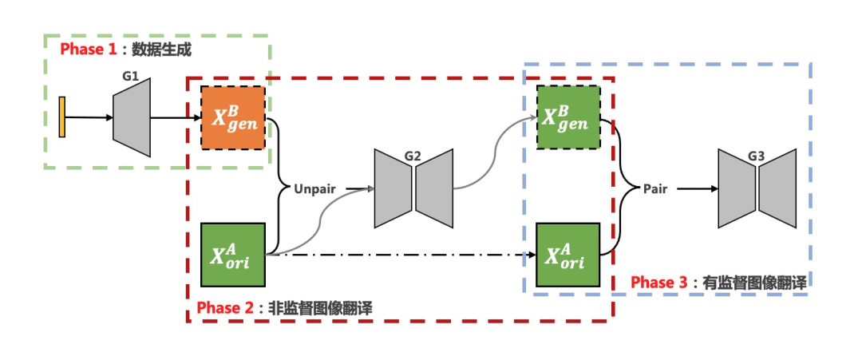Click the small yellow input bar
pos(62,117)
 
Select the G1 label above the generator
pos(131,76)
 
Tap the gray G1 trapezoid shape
pos(132,118)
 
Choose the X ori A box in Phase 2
pos(233,255)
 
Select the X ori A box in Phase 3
pos(567,255)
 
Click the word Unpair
pos(315,188)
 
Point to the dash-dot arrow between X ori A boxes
pos(399,255)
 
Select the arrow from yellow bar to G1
pos(90,117)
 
